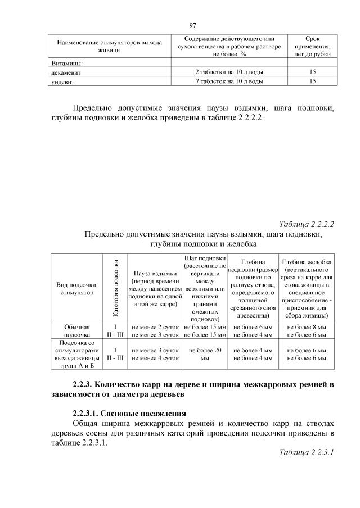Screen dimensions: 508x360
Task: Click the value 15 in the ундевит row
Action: (312, 81)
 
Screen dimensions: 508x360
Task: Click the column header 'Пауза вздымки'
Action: (155, 288)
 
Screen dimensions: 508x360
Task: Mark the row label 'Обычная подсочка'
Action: (74, 330)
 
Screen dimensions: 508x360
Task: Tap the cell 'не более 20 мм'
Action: (205, 353)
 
